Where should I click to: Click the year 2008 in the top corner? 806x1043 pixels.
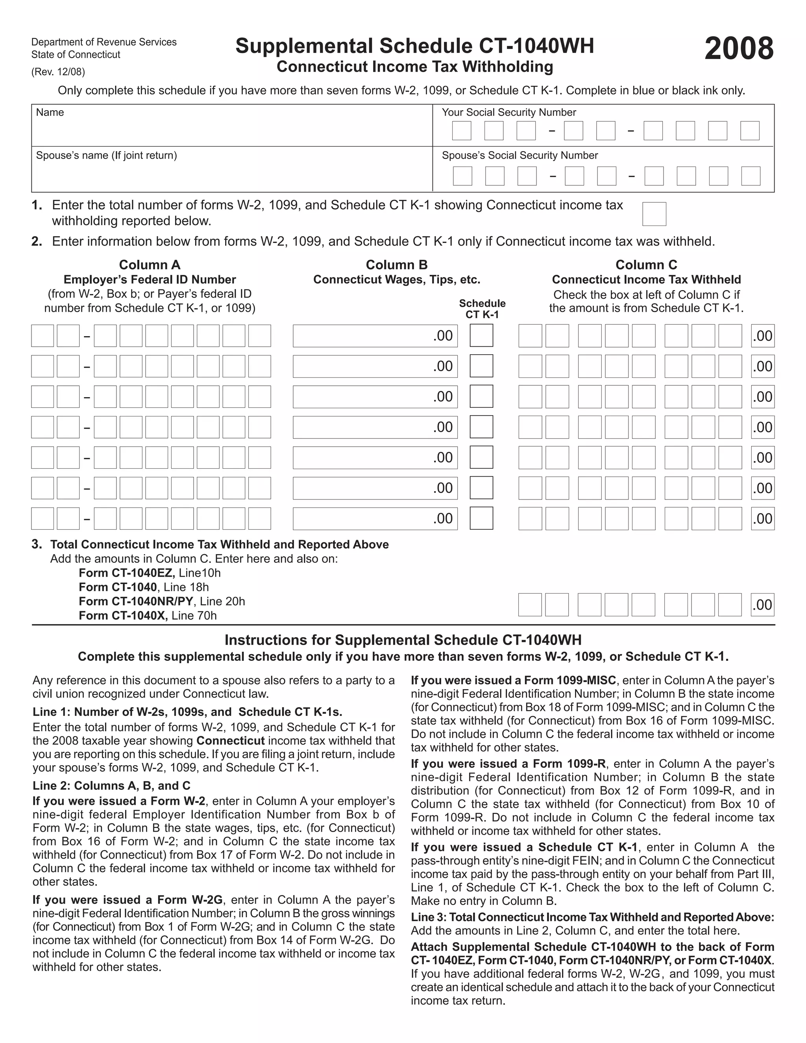(738, 49)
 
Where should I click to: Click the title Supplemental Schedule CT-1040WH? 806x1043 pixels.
(414, 46)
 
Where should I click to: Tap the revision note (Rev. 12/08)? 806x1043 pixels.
(58, 72)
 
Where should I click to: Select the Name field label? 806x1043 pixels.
(50, 112)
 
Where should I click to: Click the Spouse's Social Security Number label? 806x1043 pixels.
(519, 155)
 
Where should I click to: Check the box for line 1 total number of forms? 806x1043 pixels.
(654, 214)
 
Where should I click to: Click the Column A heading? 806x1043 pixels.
(150, 264)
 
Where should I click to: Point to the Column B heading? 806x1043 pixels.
(396, 264)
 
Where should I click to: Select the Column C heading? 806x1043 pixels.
(646, 264)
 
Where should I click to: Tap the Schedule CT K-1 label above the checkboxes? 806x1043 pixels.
(482, 309)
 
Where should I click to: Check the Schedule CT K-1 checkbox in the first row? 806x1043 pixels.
(481, 335)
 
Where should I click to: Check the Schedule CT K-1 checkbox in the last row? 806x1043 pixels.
(481, 518)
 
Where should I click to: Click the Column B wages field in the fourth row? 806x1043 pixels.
(375, 427)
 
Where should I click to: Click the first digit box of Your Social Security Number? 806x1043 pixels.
(461, 131)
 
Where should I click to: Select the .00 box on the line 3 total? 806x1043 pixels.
(762, 605)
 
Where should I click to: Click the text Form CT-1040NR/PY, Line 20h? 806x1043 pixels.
(161, 601)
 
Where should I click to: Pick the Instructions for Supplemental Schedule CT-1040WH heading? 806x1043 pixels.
(403, 640)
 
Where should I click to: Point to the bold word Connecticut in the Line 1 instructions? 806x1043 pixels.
(230, 741)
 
